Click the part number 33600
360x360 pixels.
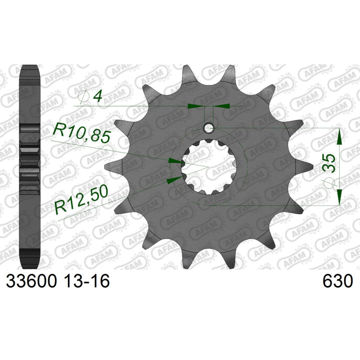[x=31, y=282]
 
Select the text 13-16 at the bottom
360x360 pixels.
[x=86, y=282]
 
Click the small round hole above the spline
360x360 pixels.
[x=208, y=128]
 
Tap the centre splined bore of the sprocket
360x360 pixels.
[x=208, y=167]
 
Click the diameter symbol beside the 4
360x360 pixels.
[x=83, y=97]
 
